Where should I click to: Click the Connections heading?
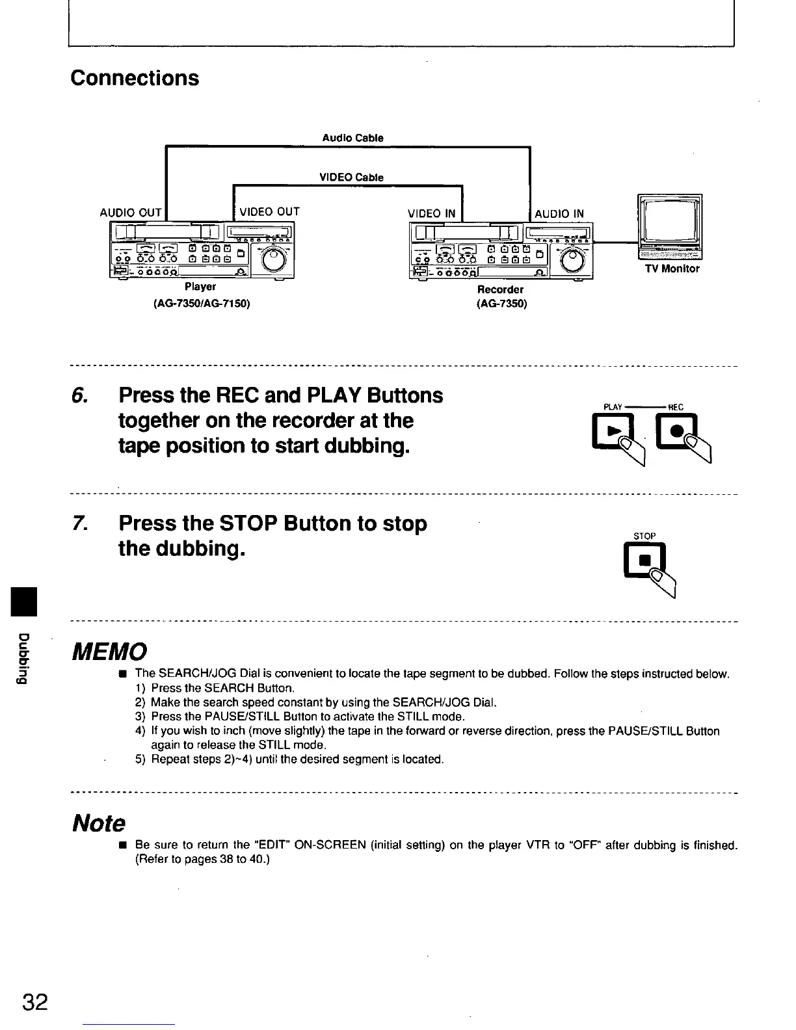[x=135, y=78]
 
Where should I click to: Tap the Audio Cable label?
[x=352, y=138]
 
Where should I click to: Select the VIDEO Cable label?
[x=351, y=178]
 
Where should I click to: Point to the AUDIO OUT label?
[x=130, y=213]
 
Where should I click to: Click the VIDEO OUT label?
[x=269, y=212]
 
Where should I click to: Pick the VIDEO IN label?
[x=431, y=213]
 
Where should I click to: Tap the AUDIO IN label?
[x=559, y=213]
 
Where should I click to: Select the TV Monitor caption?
[x=672, y=269]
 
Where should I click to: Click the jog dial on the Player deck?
[x=273, y=259]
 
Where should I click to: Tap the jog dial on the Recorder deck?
[x=571, y=261]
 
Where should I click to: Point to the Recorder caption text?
[x=500, y=289]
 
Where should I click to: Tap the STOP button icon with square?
[x=644, y=560]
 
